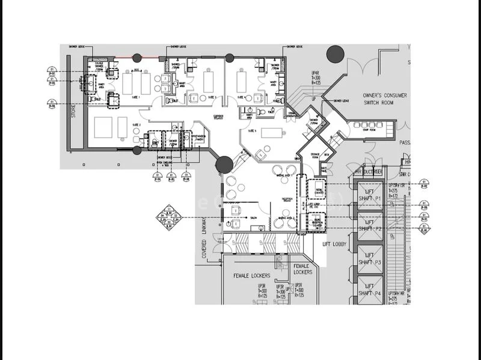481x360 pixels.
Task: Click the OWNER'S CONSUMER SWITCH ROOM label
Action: click(x=385, y=99)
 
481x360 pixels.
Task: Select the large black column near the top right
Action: click(x=336, y=53)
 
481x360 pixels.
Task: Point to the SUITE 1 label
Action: click(x=135, y=97)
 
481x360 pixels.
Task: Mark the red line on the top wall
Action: click(x=115, y=58)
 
